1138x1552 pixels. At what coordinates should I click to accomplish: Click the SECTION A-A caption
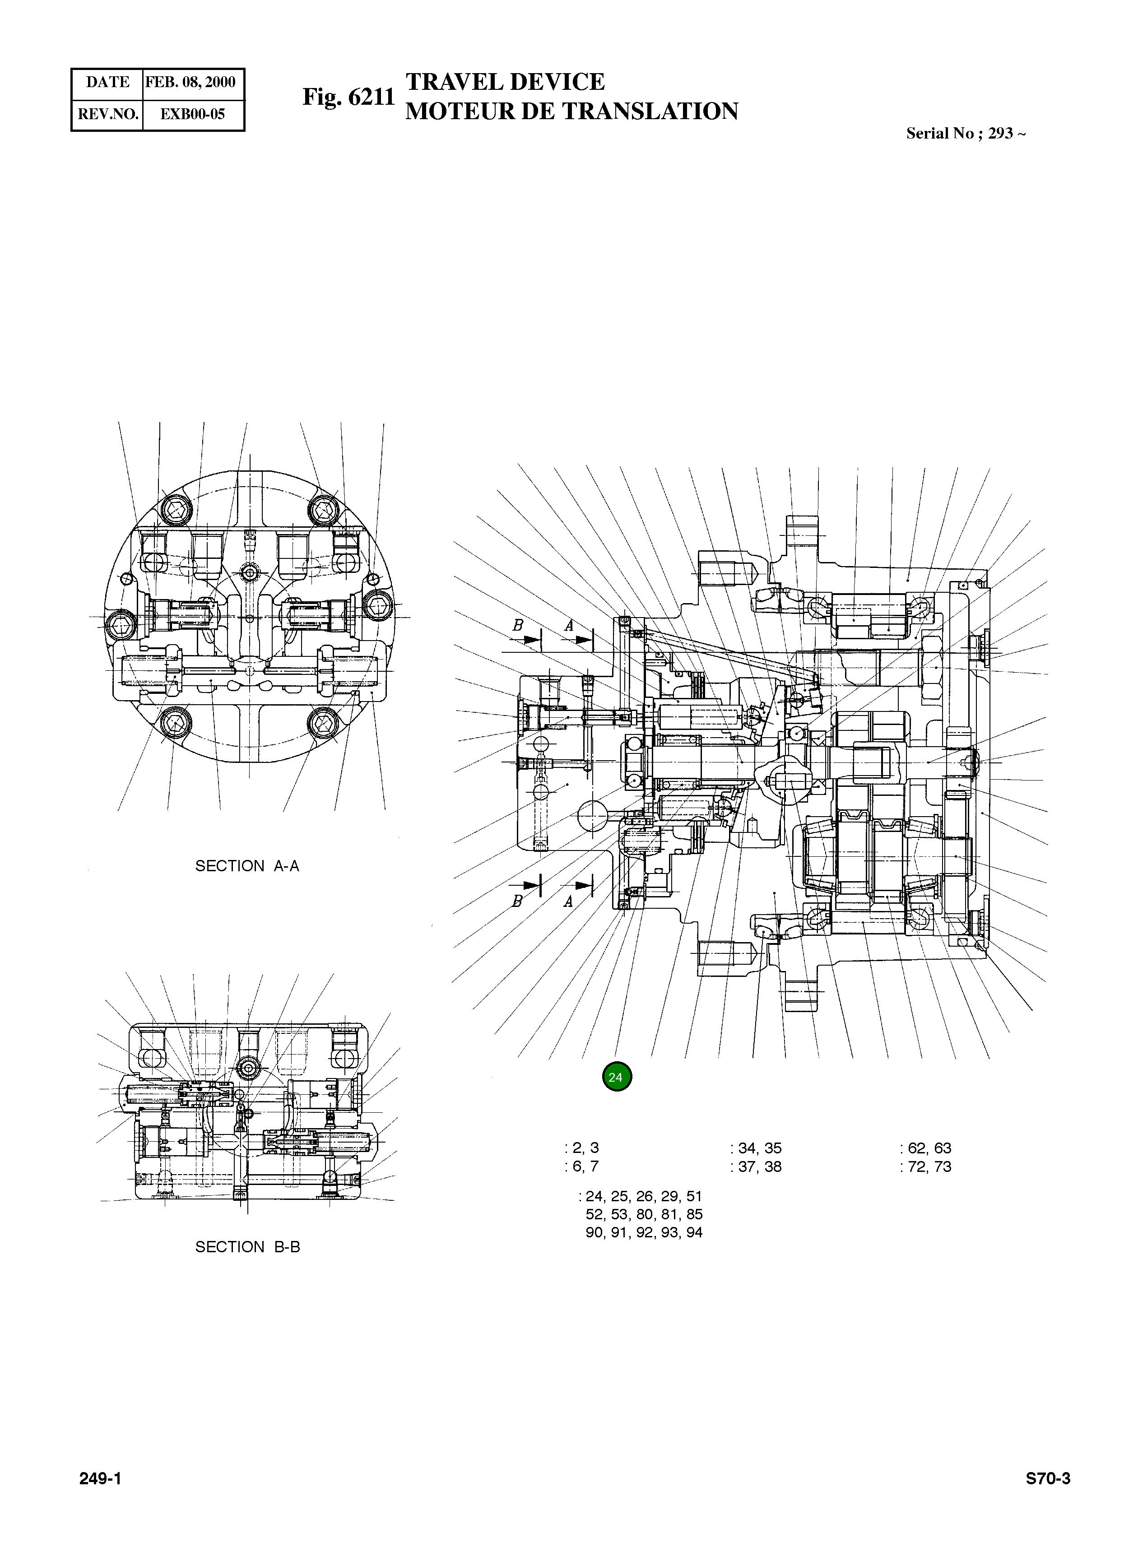[x=247, y=866]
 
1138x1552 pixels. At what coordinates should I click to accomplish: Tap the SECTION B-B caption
[x=247, y=1247]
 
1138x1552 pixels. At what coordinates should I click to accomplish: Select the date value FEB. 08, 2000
[x=191, y=83]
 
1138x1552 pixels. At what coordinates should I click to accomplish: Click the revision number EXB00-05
[x=193, y=114]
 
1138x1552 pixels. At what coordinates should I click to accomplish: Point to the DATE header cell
[x=107, y=83]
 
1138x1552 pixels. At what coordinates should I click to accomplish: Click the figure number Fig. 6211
[x=348, y=97]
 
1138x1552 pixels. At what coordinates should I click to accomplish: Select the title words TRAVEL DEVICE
[x=505, y=82]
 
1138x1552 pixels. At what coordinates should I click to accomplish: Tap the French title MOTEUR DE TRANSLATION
[x=572, y=112]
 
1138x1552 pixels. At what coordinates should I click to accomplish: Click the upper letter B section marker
[x=518, y=626]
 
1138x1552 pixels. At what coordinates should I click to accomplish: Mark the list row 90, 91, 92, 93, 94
[x=644, y=1233]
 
